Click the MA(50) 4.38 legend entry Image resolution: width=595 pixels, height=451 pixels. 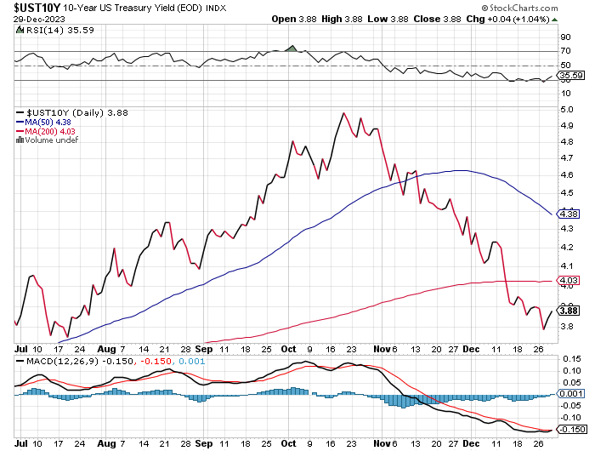(x=48, y=121)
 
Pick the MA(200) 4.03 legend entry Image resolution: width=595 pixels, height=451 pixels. (x=50, y=130)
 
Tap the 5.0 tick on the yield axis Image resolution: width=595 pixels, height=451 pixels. (x=564, y=110)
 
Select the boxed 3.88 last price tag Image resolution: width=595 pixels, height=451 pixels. (x=568, y=311)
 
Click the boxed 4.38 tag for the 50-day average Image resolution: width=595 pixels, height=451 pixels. (x=568, y=213)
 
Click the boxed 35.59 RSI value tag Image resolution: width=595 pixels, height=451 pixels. (x=569, y=77)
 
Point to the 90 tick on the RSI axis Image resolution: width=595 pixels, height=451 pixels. (x=564, y=37)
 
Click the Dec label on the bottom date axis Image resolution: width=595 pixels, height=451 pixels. (x=473, y=442)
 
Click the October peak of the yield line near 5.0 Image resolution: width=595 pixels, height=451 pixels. (x=343, y=112)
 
